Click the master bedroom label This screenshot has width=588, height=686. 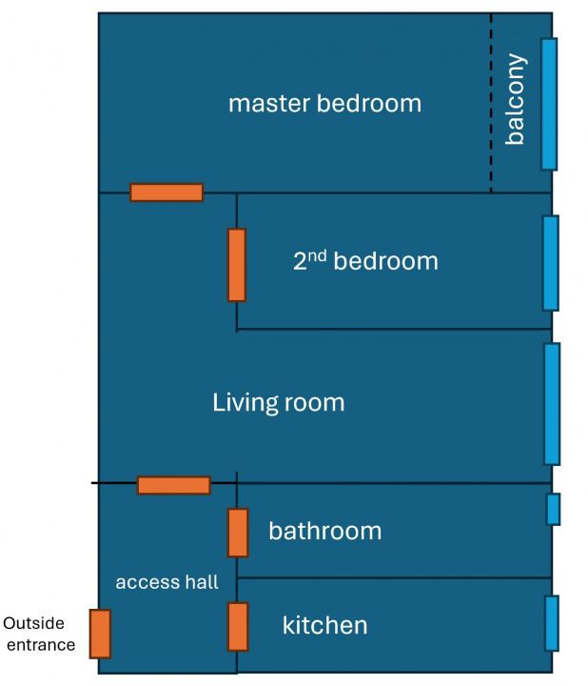pyautogui.click(x=324, y=104)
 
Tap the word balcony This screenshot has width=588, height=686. pyautogui.click(x=515, y=99)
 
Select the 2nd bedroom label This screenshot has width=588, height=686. pyautogui.click(x=365, y=260)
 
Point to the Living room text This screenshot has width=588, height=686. pyautogui.click(x=278, y=402)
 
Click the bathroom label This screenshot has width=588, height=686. pyautogui.click(x=325, y=531)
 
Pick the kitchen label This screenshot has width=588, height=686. pyautogui.click(x=325, y=625)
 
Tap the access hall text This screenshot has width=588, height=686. pyautogui.click(x=167, y=582)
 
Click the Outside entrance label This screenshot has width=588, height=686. pyautogui.click(x=39, y=634)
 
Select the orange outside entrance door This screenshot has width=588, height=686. pyautogui.click(x=100, y=634)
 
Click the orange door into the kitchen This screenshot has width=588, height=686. pyautogui.click(x=238, y=627)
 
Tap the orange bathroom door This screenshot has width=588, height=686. pyautogui.click(x=238, y=533)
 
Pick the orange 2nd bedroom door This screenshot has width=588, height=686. pyautogui.click(x=237, y=265)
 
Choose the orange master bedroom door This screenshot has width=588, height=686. pyautogui.click(x=167, y=192)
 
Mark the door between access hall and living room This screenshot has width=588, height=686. pyautogui.click(x=174, y=486)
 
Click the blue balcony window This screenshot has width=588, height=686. pyautogui.click(x=550, y=104)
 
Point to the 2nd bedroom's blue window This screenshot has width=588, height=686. pyautogui.click(x=551, y=263)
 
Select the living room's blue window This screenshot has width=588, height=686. pyautogui.click(x=552, y=404)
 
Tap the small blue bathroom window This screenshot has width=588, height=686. pyautogui.click(x=554, y=509)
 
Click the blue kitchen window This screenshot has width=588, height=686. pyautogui.click(x=552, y=623)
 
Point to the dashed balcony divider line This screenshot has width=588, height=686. pyautogui.click(x=491, y=103)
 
